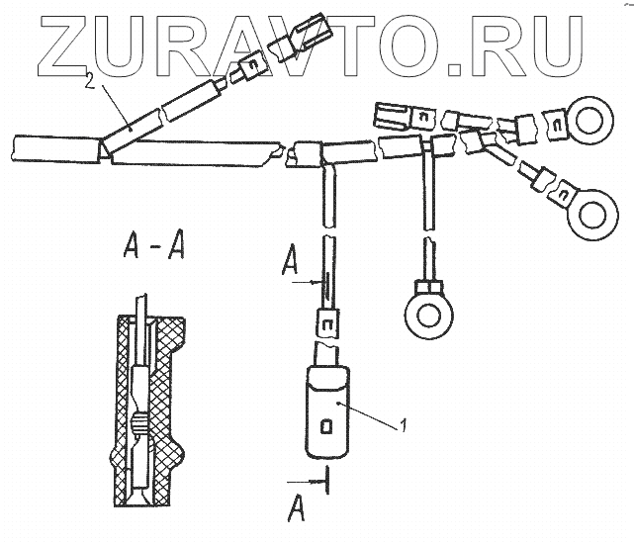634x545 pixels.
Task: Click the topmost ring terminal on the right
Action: click(x=591, y=123)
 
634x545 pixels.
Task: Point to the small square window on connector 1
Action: click(x=327, y=427)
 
